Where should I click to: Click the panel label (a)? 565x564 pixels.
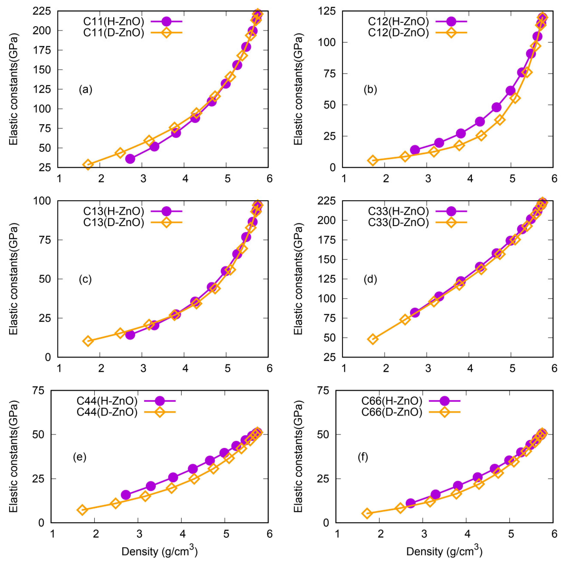(x=85, y=89)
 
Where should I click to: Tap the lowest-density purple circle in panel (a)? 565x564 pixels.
(x=130, y=159)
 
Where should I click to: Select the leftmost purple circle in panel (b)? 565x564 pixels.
(x=415, y=150)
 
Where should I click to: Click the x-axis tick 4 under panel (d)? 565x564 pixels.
(x=470, y=368)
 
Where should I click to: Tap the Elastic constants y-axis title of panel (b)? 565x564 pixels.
(x=298, y=89)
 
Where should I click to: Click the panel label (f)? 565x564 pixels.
(x=363, y=457)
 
